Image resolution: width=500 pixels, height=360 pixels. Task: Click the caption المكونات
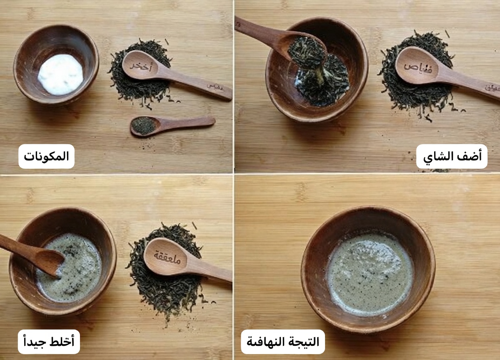pos(46,157)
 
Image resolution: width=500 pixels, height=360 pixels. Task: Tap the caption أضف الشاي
pos(452,157)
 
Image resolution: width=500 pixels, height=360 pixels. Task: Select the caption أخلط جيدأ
pos(49,342)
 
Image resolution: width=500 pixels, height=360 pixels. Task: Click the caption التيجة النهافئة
pos(282,342)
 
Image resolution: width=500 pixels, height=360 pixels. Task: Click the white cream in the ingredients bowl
pos(60,74)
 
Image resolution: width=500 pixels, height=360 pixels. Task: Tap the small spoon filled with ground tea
pos(143,125)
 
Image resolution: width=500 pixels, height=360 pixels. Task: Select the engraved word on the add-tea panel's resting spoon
pos(418,66)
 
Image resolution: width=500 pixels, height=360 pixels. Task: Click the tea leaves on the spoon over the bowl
pos(306,52)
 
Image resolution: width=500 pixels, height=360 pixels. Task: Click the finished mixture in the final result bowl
pos(369,273)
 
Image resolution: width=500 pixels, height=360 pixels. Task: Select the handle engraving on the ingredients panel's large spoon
pos(215,88)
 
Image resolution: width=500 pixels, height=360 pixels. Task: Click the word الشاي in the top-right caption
pos(437,157)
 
